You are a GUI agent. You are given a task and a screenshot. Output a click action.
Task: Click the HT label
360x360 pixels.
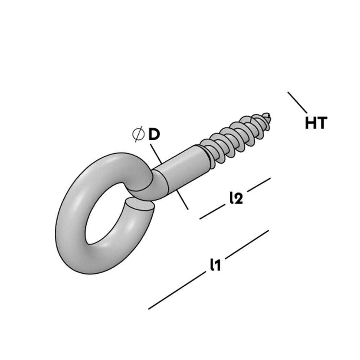click(316, 123)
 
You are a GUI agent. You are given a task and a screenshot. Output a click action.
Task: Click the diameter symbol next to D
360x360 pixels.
click(138, 134)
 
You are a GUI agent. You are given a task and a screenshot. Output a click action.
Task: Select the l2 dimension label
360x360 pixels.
click(235, 198)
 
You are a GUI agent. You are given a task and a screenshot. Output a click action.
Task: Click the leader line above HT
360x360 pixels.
click(297, 102)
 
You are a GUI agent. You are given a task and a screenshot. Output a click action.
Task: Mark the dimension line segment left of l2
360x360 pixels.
click(212, 212)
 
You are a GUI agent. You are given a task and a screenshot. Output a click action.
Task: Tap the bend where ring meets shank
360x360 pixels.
click(158, 180)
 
